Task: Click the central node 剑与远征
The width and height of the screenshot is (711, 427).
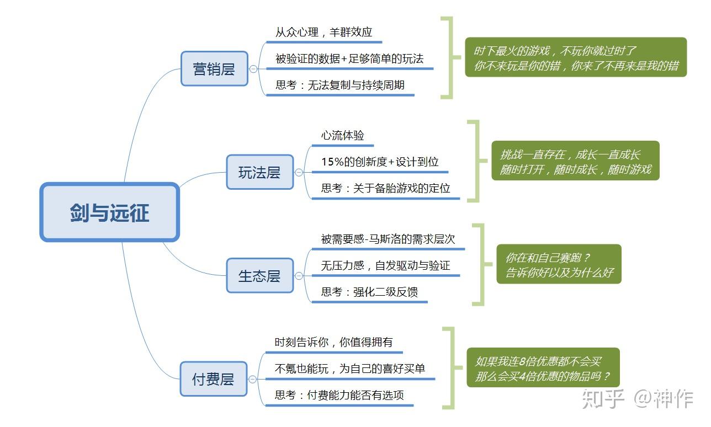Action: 109,212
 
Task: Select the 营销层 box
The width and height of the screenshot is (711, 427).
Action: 214,68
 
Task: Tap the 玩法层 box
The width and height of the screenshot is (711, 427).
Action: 259,172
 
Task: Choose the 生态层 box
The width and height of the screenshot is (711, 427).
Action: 259,276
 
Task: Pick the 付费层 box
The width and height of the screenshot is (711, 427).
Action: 214,379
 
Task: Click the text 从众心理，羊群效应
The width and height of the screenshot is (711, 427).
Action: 323,32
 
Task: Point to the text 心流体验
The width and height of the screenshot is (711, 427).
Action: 342,136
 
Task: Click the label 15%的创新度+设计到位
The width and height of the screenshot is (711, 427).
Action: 380,162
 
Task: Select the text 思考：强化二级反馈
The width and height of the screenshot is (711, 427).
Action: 369,292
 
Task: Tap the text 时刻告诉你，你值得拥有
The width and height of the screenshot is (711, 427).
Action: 333,342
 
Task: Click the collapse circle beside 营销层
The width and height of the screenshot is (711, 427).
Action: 253,69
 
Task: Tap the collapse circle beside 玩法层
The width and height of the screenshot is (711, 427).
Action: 299,173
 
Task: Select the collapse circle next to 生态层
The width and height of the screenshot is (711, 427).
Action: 299,276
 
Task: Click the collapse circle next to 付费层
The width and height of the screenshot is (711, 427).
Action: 252,380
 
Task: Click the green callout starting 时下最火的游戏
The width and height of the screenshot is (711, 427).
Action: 576,57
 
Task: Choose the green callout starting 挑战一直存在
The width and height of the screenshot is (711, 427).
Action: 575,161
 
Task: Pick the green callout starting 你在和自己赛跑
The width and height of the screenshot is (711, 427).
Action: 559,264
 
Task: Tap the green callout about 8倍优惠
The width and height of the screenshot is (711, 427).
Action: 543,367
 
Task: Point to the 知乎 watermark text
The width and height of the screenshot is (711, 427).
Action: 603,398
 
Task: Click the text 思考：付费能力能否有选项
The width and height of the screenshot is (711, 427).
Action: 339,395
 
